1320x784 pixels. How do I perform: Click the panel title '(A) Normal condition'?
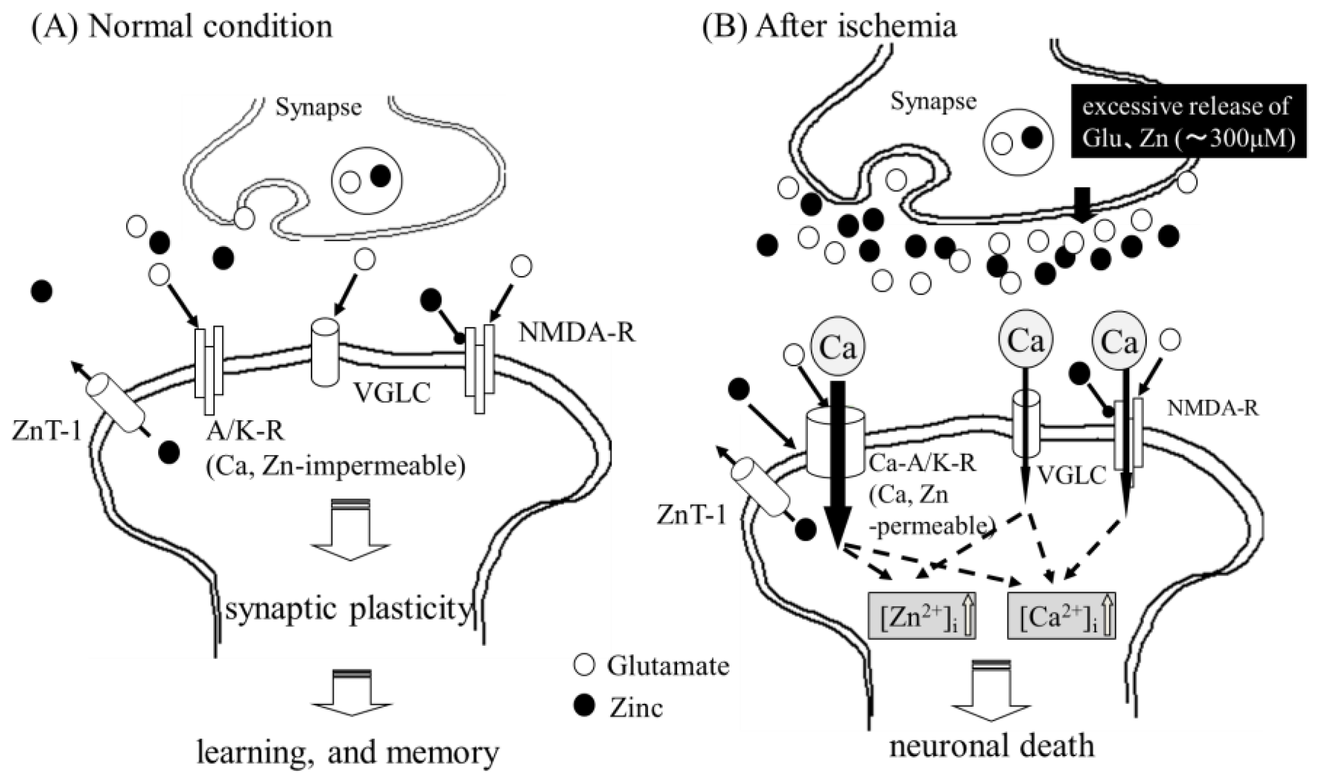pos(181,26)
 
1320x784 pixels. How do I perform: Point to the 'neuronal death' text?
pos(992,746)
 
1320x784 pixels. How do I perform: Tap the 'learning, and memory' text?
pos(348,753)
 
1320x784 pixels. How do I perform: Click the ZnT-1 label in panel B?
pos(691,514)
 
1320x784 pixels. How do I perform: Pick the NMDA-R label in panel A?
pos(577,333)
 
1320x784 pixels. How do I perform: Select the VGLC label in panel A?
pos(392,393)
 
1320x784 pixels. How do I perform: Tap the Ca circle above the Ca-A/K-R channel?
pos(838,348)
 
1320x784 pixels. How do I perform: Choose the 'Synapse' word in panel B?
pos(933,101)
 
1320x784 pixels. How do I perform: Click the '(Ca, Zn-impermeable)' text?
pos(335,466)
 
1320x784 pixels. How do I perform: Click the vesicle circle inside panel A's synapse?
pos(366,180)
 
